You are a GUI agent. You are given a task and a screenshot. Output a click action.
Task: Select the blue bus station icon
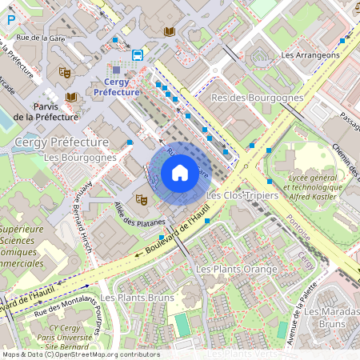(x=138, y=55)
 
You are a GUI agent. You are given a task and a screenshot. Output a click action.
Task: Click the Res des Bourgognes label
(x=257, y=98)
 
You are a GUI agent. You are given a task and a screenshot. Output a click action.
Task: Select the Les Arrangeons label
(x=310, y=55)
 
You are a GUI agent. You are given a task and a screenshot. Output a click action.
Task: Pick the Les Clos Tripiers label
(x=242, y=195)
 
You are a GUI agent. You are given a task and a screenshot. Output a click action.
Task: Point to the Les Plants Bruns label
(x=137, y=298)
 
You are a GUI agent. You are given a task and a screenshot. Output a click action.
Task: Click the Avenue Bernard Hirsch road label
(x=85, y=212)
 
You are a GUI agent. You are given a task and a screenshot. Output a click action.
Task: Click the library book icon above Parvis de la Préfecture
(x=71, y=97)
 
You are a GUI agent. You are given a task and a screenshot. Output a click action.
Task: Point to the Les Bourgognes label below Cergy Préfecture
(x=80, y=158)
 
